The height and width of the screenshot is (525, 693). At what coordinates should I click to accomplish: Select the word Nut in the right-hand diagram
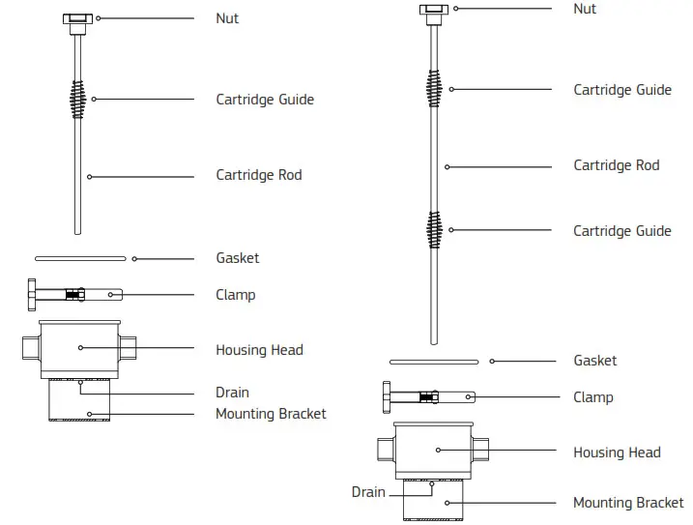pos(585,10)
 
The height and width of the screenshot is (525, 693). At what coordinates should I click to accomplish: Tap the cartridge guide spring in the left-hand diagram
pos(76,98)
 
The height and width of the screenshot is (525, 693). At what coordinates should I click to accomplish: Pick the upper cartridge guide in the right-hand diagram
pos(434,88)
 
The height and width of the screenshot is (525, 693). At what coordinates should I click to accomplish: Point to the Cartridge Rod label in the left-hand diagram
pos(258,175)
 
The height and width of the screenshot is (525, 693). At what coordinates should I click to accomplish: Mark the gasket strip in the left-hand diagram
pos(80,258)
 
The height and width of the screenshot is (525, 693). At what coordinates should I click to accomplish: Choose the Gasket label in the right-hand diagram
pos(594,361)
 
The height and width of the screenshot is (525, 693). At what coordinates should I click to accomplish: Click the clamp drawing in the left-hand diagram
pos(73,293)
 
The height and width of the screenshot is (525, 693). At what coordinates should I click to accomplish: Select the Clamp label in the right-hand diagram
pos(592,397)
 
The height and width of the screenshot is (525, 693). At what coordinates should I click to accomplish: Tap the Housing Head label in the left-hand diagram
pos(259,350)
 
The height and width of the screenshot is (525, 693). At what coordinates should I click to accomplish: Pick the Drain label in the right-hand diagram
pos(368,492)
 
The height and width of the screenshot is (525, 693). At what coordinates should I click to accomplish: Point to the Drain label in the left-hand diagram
pos(232,393)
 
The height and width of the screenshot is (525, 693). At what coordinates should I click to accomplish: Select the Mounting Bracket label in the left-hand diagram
pos(271,414)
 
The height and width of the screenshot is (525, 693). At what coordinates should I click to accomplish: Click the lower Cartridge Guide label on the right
pos(621,231)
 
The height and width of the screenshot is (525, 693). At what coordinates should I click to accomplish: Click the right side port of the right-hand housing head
pos(480,449)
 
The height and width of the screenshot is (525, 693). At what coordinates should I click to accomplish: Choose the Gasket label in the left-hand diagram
pos(237,258)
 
